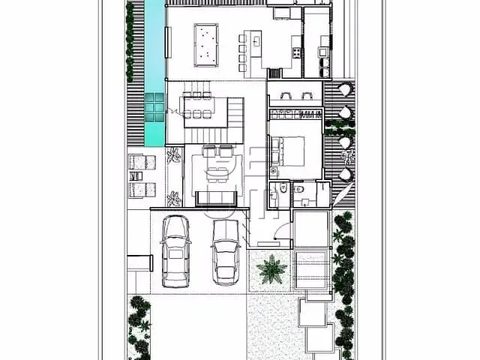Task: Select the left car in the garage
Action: (x=175, y=251)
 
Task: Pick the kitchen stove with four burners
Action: (x=295, y=52)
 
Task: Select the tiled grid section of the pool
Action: (x=154, y=109)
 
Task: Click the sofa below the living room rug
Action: (x=216, y=198)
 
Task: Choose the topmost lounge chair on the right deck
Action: (x=344, y=89)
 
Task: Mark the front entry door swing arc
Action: (x=282, y=233)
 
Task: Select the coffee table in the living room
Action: (x=217, y=175)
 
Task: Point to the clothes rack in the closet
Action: (x=295, y=115)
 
